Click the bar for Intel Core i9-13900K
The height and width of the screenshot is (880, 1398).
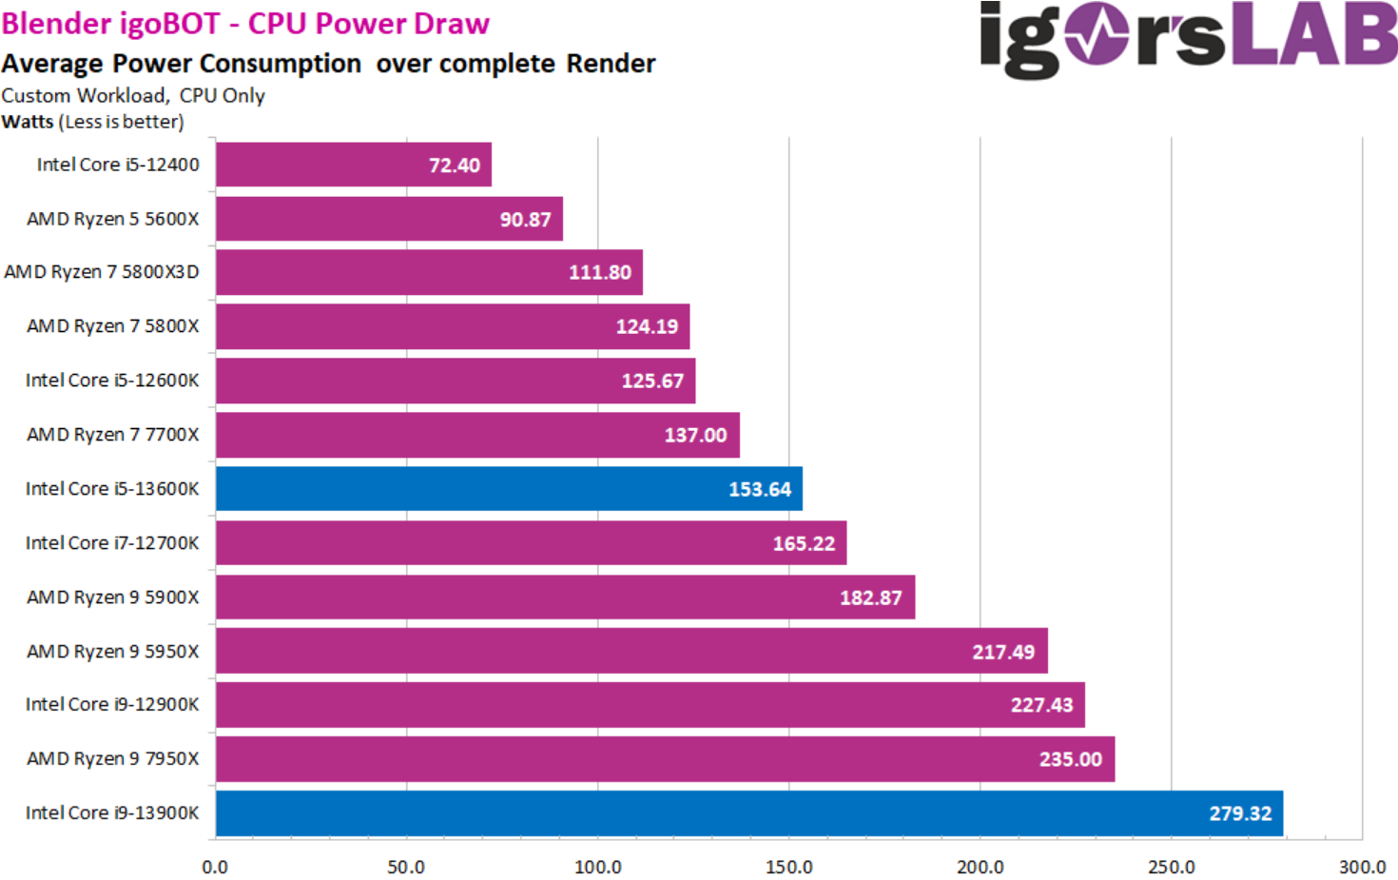(x=748, y=813)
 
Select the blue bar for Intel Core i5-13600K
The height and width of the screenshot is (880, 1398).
(x=509, y=489)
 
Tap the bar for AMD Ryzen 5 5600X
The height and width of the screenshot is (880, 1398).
(x=389, y=219)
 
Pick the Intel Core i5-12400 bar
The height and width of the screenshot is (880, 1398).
(x=353, y=165)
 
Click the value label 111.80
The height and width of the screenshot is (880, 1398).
(x=599, y=273)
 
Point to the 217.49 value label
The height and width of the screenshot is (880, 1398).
(x=1002, y=653)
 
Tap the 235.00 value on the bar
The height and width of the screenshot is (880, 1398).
(x=1070, y=760)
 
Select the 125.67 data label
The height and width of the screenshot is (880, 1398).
(x=651, y=381)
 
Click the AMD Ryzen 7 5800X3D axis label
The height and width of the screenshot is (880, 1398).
(x=102, y=272)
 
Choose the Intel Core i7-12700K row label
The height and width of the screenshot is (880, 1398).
(x=112, y=543)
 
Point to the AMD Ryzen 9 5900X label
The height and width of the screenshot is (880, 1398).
(x=113, y=597)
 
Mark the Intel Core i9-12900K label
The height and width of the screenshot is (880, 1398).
(x=112, y=705)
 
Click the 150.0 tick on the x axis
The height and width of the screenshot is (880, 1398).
(x=788, y=868)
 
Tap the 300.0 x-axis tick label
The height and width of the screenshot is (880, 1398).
(x=1361, y=868)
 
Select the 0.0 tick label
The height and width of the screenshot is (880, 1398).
(x=215, y=868)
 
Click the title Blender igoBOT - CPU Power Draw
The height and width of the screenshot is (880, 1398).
(x=245, y=24)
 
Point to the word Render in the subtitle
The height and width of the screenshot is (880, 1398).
(x=611, y=64)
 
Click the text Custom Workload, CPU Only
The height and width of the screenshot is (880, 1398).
(x=133, y=96)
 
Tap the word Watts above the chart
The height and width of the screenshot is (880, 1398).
(x=28, y=122)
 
